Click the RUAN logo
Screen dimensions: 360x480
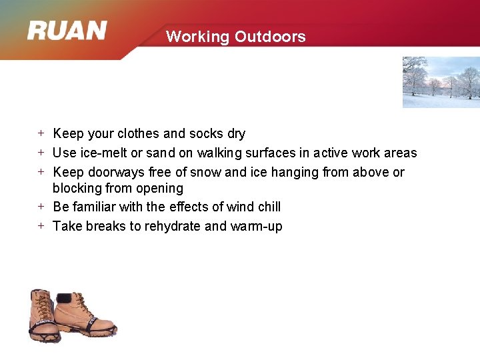pyautogui.click(x=67, y=31)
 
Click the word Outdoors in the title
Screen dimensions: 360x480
pyautogui.click(x=270, y=37)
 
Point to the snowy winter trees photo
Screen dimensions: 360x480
pyautogui.click(x=441, y=82)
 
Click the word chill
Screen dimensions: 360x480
pyautogui.click(x=267, y=207)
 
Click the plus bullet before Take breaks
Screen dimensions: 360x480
pyautogui.click(x=41, y=226)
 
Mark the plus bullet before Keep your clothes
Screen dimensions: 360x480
pyautogui.click(x=41, y=133)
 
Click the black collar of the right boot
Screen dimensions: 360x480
pyautogui.click(x=65, y=297)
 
